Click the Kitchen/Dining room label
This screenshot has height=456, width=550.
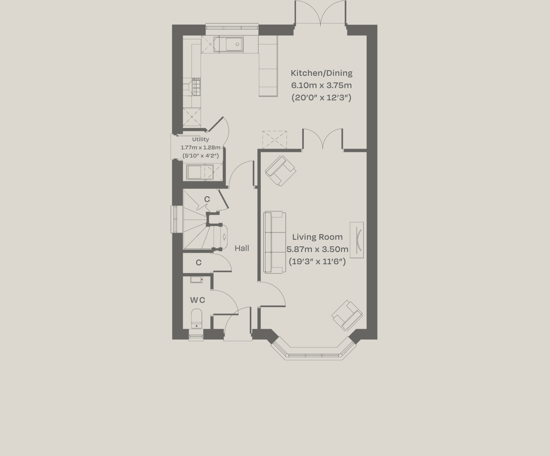(x=322, y=73)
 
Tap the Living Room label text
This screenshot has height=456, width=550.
(x=317, y=237)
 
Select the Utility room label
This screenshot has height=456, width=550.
(x=200, y=139)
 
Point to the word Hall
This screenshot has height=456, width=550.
(x=242, y=248)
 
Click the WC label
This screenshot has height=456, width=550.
(x=197, y=300)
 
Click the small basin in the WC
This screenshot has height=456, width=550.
(x=196, y=279)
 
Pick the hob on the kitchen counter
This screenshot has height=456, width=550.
(x=196, y=87)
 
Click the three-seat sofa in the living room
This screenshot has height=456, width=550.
(x=274, y=242)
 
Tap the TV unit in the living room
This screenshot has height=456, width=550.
(x=357, y=240)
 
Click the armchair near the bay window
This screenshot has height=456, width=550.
(x=347, y=316)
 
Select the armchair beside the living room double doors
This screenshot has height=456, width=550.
(x=281, y=171)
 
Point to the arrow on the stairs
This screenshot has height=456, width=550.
(x=224, y=237)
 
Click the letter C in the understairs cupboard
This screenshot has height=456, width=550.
(x=207, y=199)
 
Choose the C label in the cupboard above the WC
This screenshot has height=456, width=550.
(x=199, y=263)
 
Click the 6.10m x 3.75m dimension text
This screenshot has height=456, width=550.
(x=322, y=85)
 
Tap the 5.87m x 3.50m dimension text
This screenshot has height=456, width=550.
(x=317, y=249)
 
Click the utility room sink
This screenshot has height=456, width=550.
(x=194, y=172)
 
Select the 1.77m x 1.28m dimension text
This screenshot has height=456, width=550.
(x=200, y=147)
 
